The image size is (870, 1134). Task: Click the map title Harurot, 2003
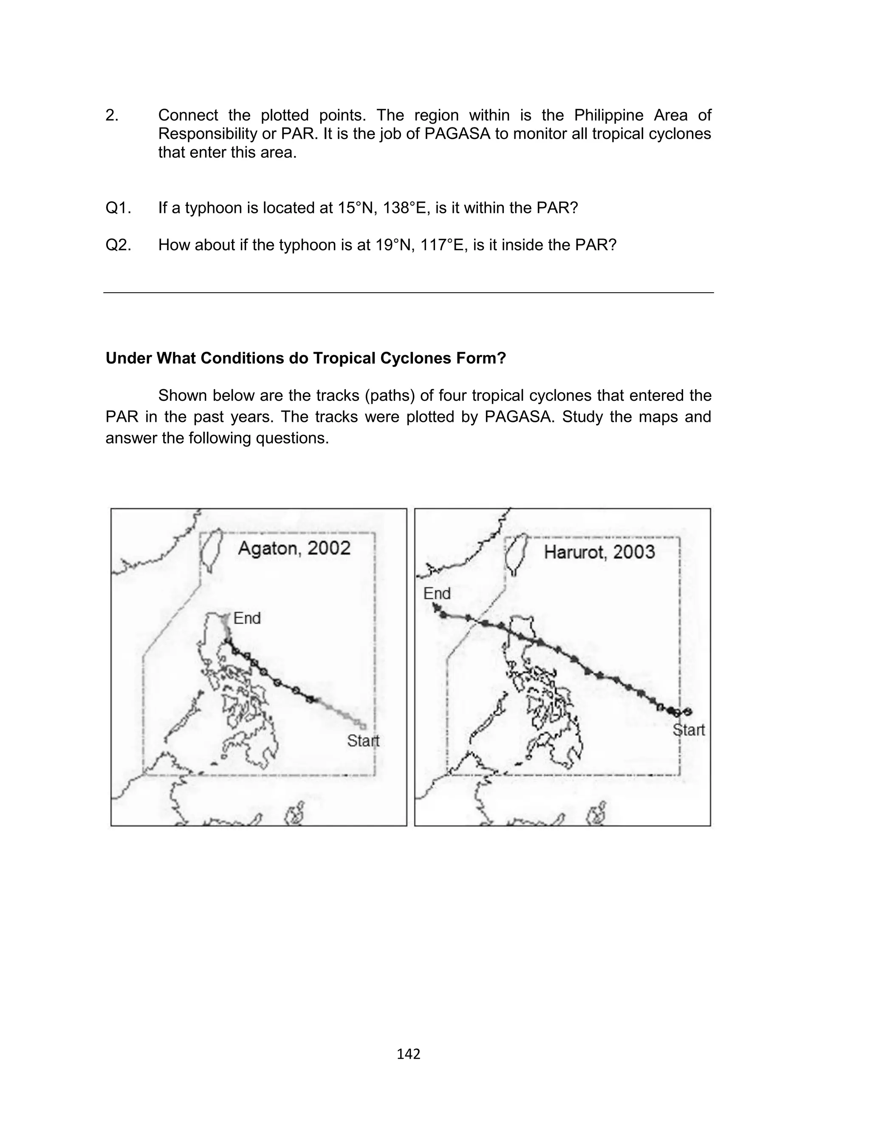pyautogui.click(x=599, y=552)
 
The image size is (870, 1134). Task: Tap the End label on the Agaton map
pyautogui.click(x=246, y=618)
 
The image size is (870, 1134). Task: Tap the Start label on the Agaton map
pyautogui.click(x=363, y=741)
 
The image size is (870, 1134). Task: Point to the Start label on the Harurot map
pyautogui.click(x=688, y=730)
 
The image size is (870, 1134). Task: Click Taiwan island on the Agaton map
pyautogui.click(x=211, y=549)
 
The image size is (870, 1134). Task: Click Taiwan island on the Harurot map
pyautogui.click(x=516, y=554)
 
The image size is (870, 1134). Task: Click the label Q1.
pyautogui.click(x=118, y=208)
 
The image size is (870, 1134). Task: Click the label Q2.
pyautogui.click(x=118, y=245)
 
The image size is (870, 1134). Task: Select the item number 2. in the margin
pyautogui.click(x=112, y=115)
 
